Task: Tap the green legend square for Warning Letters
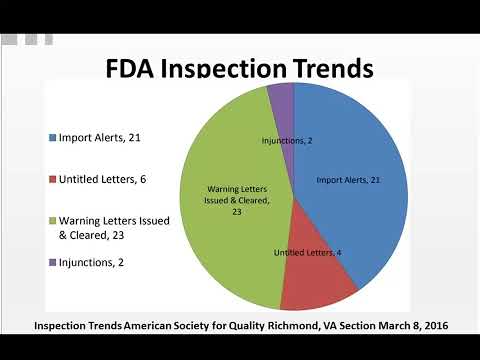coord(51,220)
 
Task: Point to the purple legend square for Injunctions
coord(51,262)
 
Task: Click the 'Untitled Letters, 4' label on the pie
coord(308,252)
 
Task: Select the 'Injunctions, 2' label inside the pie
coord(288,141)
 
